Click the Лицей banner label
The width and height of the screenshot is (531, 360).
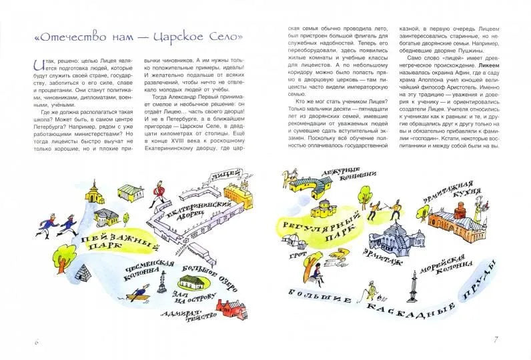click(x=219, y=176)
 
